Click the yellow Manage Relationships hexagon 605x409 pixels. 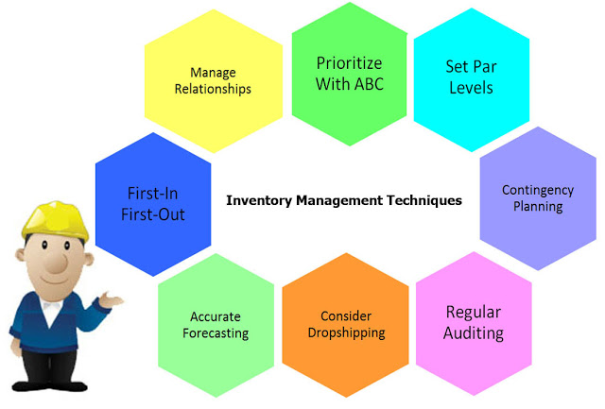[214, 81]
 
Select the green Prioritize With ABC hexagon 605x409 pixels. [350, 74]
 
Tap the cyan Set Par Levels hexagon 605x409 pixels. [472, 79]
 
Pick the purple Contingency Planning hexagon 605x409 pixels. [538, 198]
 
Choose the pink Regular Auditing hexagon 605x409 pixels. [474, 323]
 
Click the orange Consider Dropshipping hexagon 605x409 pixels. [346, 325]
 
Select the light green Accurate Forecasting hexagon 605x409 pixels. [216, 325]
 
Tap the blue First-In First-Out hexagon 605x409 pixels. [153, 204]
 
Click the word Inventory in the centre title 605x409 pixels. [259, 201]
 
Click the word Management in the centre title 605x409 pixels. [339, 201]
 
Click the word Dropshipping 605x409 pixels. [347, 333]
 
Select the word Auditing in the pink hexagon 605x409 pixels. [474, 333]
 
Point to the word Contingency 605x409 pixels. [538, 191]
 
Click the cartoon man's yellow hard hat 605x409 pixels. [55, 221]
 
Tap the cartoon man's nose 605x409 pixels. [57, 263]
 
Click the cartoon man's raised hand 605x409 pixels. [111, 299]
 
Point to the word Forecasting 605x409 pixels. [216, 333]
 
